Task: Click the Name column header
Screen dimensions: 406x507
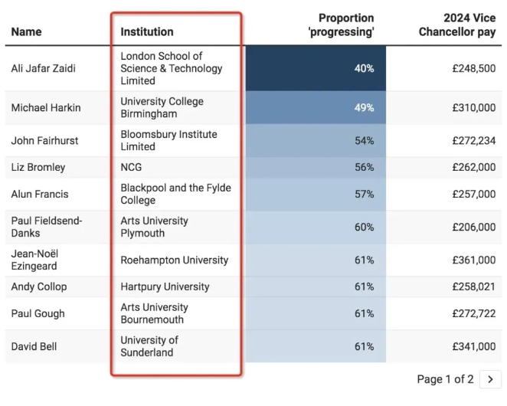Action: tap(27, 31)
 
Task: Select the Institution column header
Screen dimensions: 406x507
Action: tap(147, 31)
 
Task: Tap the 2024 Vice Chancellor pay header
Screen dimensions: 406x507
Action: tap(457, 25)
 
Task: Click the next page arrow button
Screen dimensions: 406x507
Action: tap(490, 379)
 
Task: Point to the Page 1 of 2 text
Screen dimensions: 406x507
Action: tap(445, 379)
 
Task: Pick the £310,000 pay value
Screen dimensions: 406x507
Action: tap(474, 107)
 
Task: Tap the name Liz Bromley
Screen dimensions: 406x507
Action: tap(38, 167)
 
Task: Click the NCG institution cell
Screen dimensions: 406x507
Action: tap(131, 167)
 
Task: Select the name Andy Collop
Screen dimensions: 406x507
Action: tap(39, 286)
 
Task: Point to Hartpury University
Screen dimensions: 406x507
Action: tap(165, 286)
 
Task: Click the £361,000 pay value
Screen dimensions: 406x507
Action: tap(474, 260)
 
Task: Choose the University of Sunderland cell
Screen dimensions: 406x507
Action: tap(149, 346)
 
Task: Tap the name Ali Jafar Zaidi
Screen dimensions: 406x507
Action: tap(44, 68)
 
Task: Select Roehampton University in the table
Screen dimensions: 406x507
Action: tap(174, 260)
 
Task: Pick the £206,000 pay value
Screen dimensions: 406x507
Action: tap(474, 227)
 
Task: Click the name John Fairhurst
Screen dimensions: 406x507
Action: tap(44, 140)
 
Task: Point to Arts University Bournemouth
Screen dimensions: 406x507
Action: tap(154, 313)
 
